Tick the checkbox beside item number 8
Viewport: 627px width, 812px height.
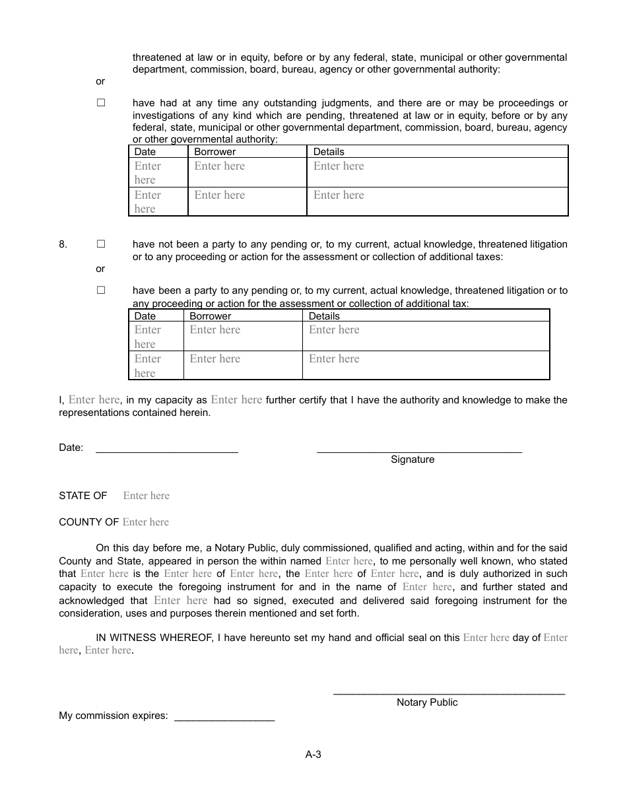pyautogui.click(x=101, y=244)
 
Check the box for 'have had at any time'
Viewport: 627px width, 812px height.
pyautogui.click(x=101, y=103)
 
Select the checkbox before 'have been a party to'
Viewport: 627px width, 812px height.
pyautogui.click(x=101, y=290)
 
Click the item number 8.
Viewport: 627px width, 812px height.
pyautogui.click(x=63, y=244)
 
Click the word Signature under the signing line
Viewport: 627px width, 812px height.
pyautogui.click(x=412, y=459)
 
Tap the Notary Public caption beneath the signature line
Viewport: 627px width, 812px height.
pyautogui.click(x=427, y=702)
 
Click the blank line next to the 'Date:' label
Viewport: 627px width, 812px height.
pyautogui.click(x=167, y=452)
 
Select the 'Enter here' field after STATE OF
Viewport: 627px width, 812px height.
pyautogui.click(x=146, y=496)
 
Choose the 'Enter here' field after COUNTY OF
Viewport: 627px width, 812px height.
pyautogui.click(x=146, y=522)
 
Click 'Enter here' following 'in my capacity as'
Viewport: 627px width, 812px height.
pyautogui.click(x=236, y=400)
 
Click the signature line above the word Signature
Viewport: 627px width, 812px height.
pyautogui.click(x=419, y=452)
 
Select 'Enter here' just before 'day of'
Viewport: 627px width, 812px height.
pyautogui.click(x=486, y=638)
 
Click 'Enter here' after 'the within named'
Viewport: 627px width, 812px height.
pyautogui.click(x=349, y=561)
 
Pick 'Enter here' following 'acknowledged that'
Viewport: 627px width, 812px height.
pyautogui.click(x=180, y=601)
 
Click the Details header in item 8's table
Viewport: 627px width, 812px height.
pyautogui.click(x=324, y=316)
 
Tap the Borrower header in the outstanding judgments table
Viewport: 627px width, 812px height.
pyautogui.click(x=214, y=152)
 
